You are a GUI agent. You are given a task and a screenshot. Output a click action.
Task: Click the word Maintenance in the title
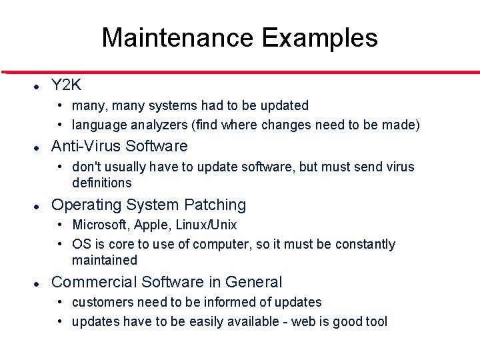point(178,38)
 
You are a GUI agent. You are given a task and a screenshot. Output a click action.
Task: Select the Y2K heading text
point(66,85)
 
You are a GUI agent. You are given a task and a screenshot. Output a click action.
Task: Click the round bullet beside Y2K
point(39,86)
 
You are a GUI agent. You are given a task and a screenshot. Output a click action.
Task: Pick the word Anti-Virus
point(86,146)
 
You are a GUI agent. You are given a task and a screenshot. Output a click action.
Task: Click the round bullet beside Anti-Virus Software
point(39,147)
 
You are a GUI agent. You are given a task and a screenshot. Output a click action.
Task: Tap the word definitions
point(102,183)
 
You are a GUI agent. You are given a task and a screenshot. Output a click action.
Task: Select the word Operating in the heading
point(82,205)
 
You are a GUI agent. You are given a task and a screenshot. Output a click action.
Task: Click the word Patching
point(215,205)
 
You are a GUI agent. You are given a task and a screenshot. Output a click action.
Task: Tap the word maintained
point(105,260)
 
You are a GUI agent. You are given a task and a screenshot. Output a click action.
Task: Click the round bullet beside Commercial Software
point(39,283)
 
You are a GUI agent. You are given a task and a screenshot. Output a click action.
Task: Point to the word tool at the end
point(376,321)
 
